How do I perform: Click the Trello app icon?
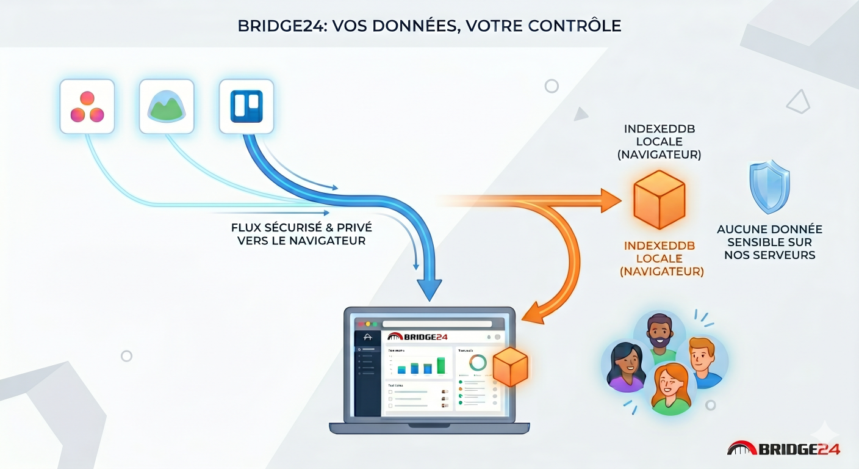coord(246,107)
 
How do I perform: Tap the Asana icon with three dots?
coord(87,107)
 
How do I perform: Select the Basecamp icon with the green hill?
coord(167,107)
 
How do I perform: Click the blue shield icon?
coord(769,187)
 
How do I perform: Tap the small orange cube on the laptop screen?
coord(509,367)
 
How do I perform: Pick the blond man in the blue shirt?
coord(703,361)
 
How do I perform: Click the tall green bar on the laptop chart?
coord(440,366)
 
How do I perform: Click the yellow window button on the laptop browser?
coord(367,324)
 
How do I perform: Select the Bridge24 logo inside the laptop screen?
coord(417,337)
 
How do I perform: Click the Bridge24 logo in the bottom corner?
coord(783,449)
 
